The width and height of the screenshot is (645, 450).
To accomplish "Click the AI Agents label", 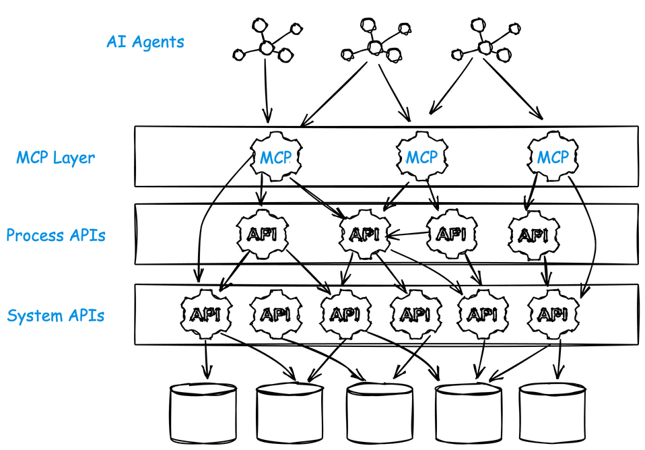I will (x=145, y=42).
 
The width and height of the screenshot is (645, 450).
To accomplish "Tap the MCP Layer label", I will (x=56, y=158).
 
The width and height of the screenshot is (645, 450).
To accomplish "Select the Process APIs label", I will (x=56, y=236).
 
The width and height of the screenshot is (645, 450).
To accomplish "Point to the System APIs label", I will (x=56, y=315).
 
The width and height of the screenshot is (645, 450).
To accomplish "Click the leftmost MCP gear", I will (x=275, y=158).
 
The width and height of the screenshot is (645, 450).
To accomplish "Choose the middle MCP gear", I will (x=421, y=158).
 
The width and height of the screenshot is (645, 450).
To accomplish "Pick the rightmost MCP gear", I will (x=553, y=158).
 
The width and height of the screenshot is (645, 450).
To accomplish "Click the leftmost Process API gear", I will (x=261, y=234).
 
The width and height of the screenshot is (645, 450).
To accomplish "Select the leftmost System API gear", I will (x=206, y=314).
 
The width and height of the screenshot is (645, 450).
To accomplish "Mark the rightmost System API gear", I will (x=553, y=314).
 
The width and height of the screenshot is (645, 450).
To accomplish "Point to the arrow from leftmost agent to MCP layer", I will (x=267, y=88).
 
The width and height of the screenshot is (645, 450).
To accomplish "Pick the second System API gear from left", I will (x=275, y=314).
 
